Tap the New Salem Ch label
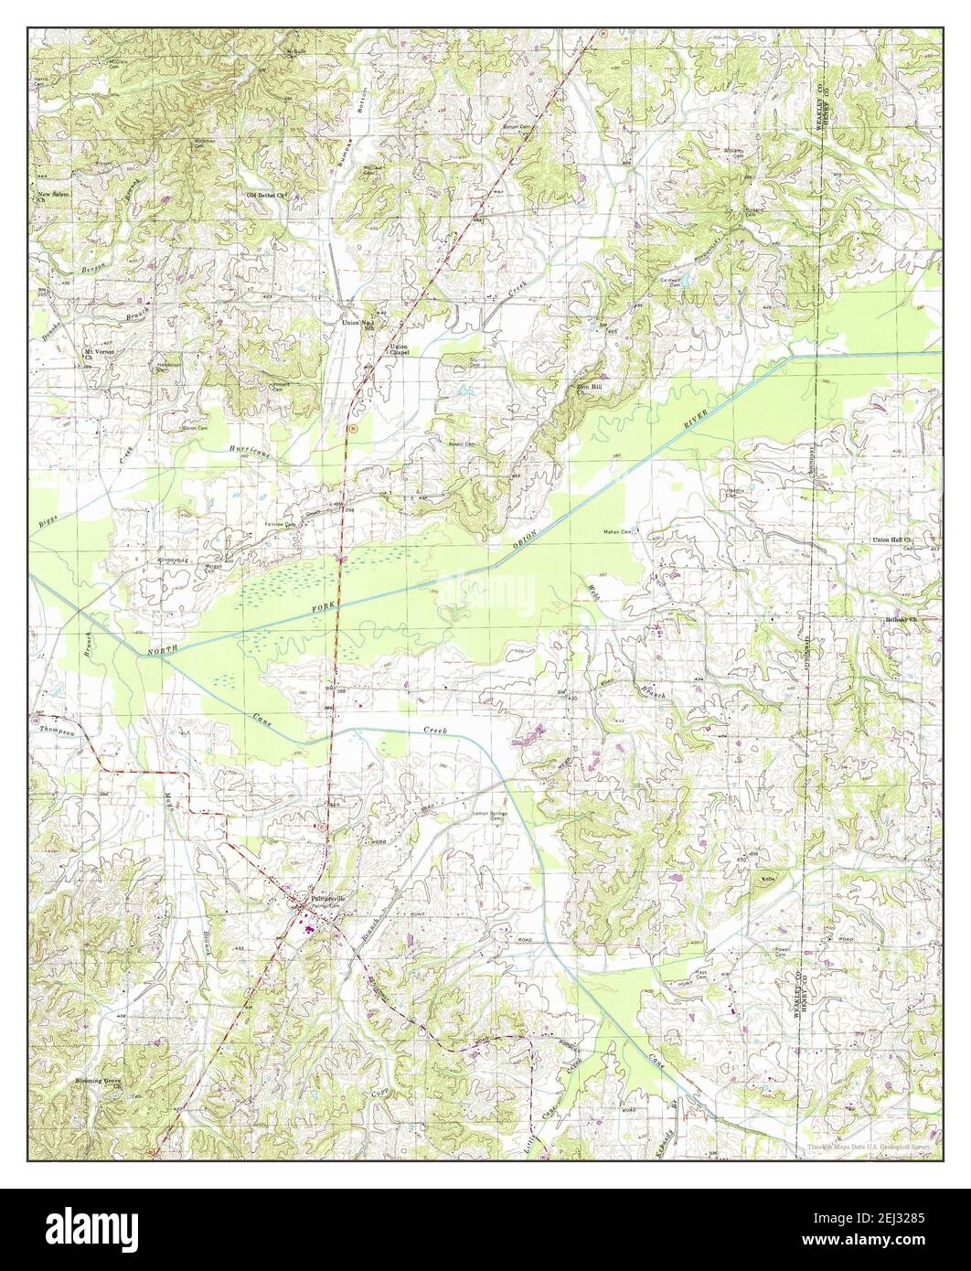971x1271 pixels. click(54, 198)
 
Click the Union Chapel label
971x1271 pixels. click(399, 348)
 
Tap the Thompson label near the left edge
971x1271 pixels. click(55, 730)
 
